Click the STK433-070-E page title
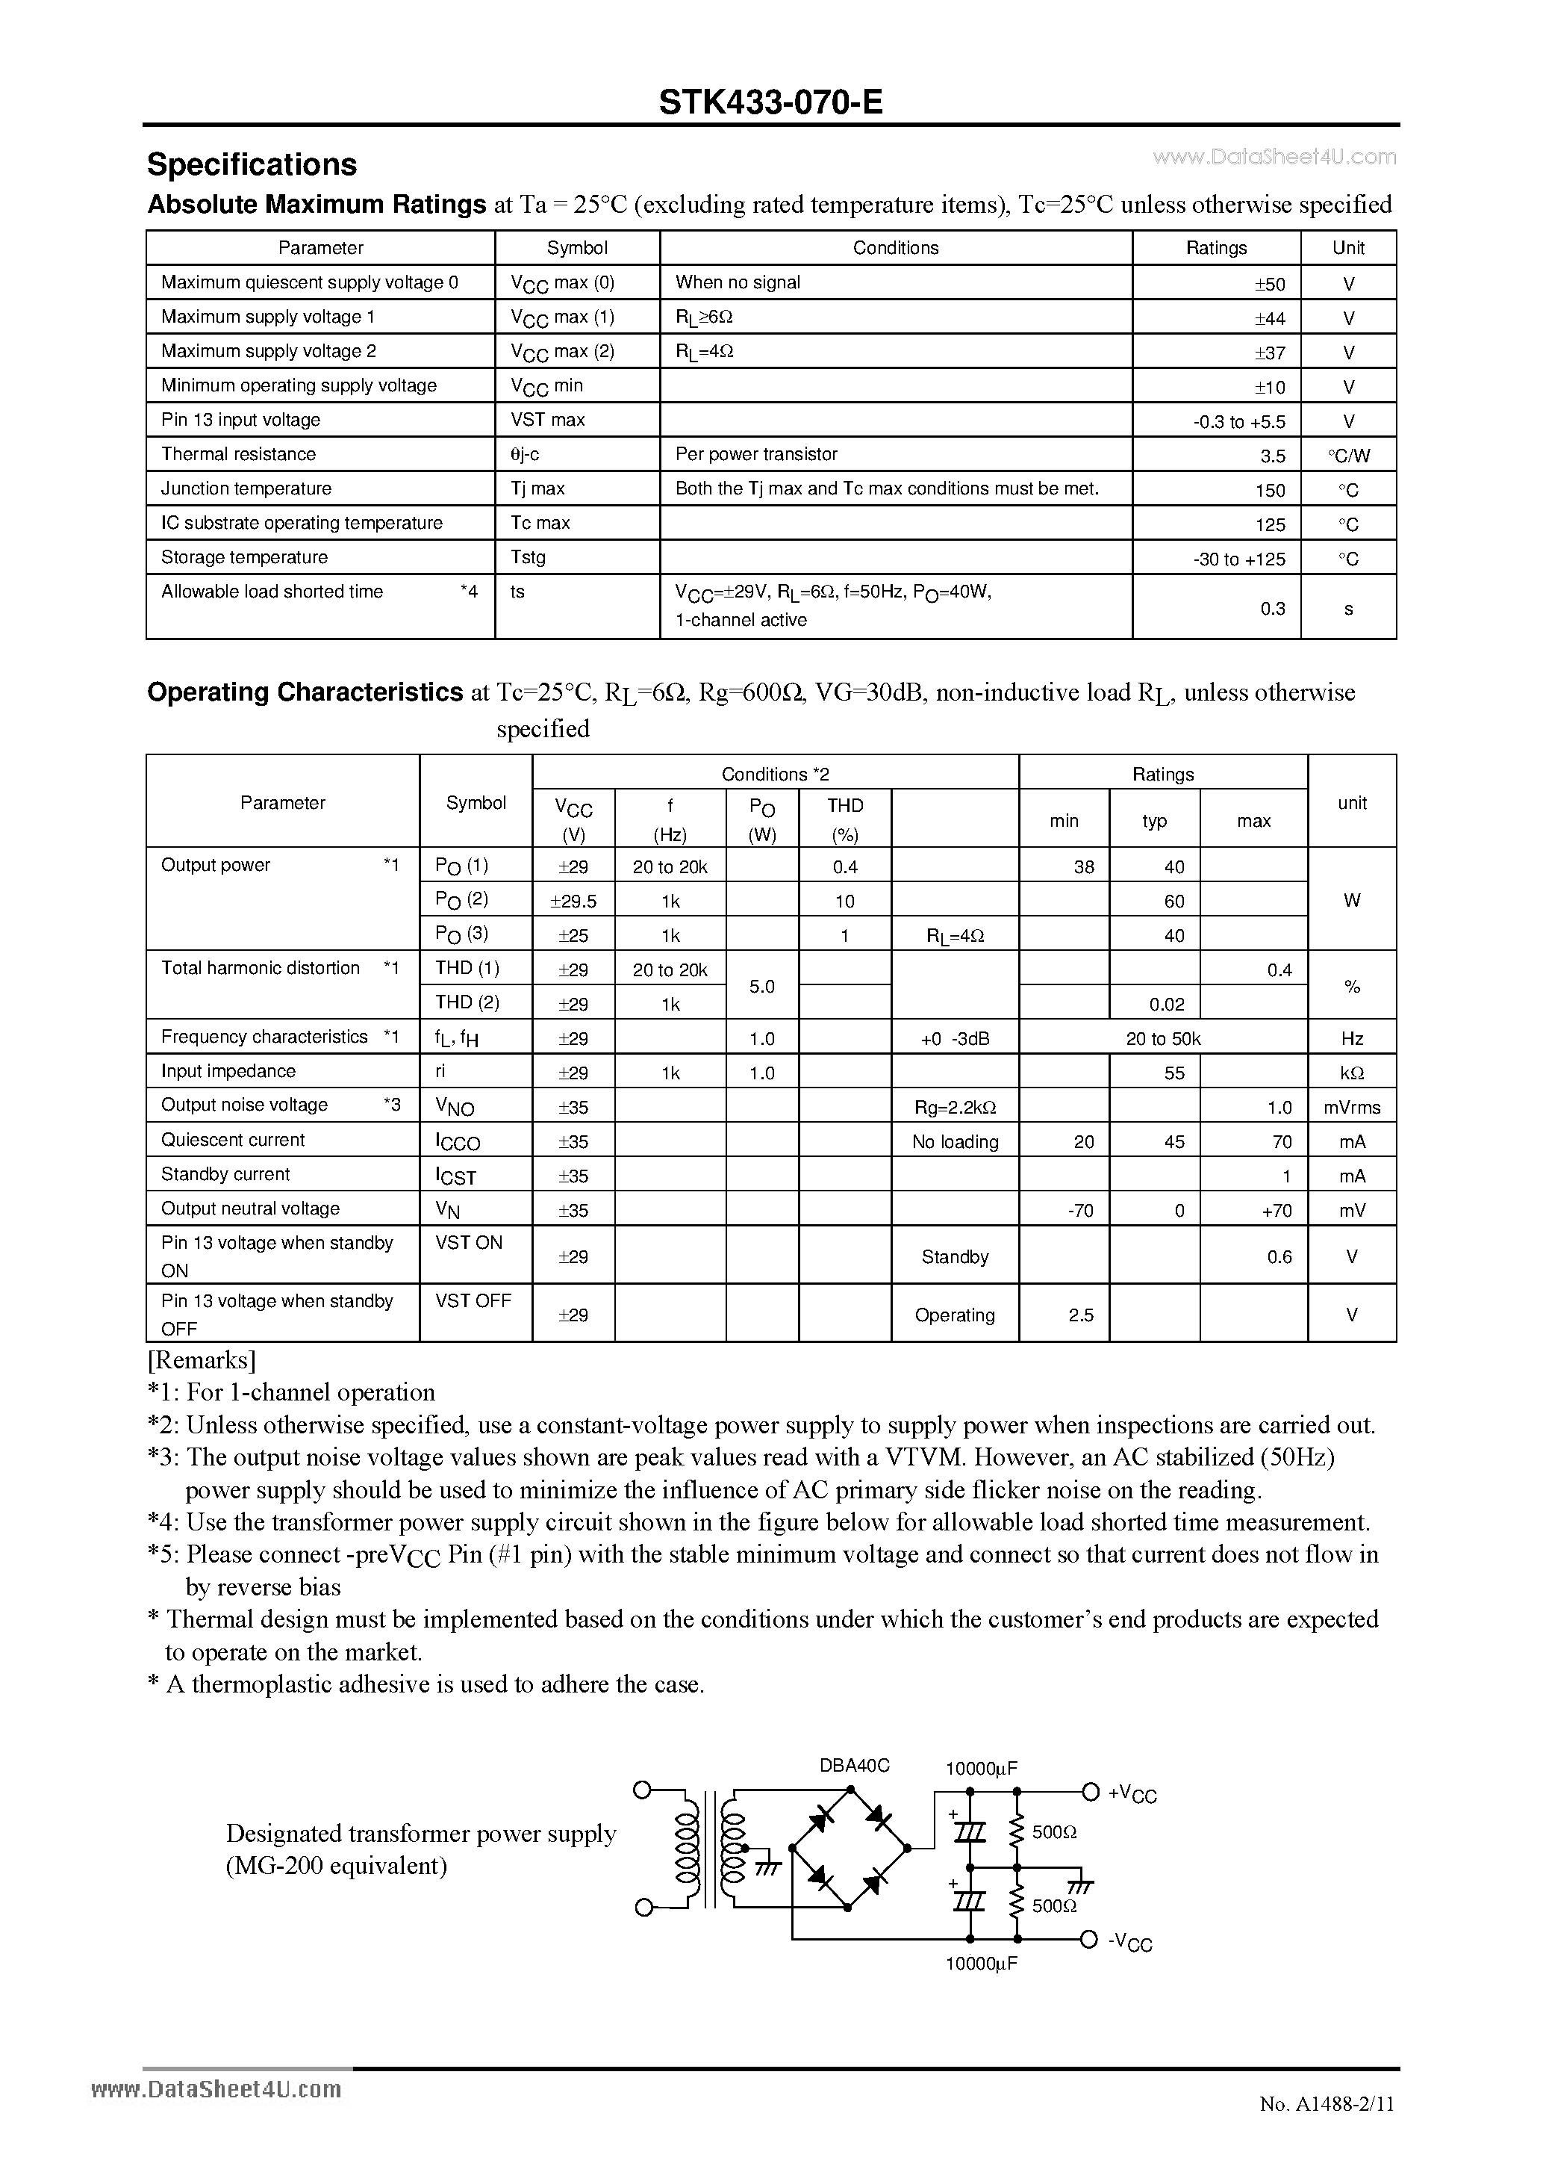770,102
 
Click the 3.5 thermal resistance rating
1272,456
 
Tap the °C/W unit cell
1348,456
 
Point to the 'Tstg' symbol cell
528,557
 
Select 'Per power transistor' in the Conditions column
755,455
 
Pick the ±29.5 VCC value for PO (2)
573,901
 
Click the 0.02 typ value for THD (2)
1167,1004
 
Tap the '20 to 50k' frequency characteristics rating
1163,1039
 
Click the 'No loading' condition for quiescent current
955,1141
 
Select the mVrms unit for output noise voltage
1351,1107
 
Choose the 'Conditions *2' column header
775,775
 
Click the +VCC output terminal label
1132,1794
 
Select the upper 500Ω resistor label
1053,1831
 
